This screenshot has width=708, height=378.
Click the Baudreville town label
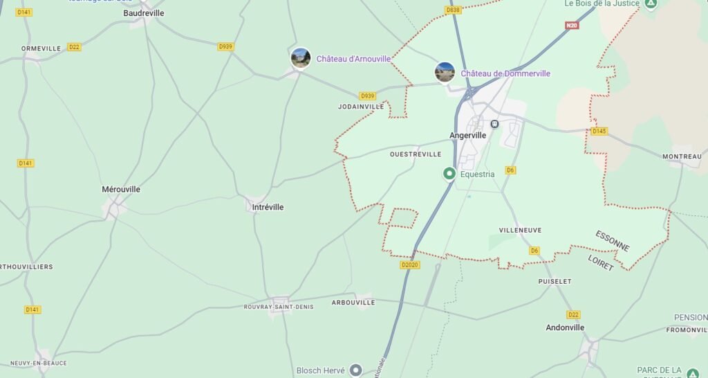143,13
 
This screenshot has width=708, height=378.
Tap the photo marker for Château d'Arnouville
301,58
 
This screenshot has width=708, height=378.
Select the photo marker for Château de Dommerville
445,72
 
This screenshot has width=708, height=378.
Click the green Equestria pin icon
449,174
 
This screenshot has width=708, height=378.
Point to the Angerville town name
468,136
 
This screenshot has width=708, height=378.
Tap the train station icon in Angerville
494,124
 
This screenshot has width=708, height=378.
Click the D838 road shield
454,10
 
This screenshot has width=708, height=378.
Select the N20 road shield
571,26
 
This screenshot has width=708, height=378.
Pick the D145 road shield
599,131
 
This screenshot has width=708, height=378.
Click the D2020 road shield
410,264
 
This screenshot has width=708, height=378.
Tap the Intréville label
268,207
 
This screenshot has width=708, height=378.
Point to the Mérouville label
121,189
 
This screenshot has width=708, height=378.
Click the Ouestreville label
416,154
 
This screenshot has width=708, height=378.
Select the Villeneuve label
520,231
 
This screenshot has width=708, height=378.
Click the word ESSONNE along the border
613,241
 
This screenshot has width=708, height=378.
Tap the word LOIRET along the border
600,262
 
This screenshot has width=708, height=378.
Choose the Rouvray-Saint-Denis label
279,307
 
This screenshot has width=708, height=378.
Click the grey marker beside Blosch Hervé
356,370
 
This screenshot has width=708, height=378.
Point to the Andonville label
565,327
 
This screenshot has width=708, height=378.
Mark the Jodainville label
361,107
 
